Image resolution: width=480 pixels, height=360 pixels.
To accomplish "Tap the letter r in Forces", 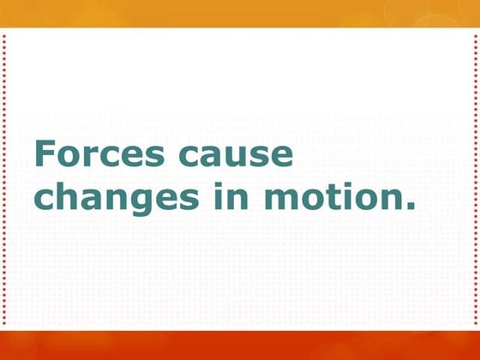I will coord(92,159).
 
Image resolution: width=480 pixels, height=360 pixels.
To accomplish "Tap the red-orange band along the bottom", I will coord(240,345).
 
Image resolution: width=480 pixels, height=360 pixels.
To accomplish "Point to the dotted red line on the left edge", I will coord(4,180).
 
